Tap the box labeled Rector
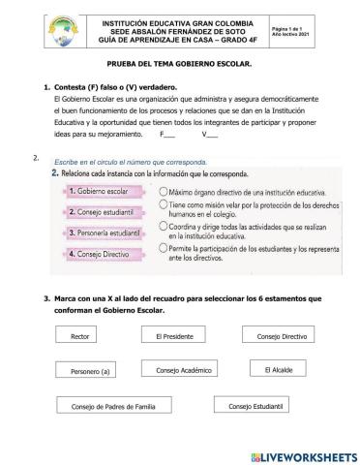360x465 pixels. click(x=80, y=336)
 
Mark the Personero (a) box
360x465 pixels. click(x=92, y=371)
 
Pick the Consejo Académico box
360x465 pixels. click(x=183, y=370)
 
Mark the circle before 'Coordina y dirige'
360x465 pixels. click(x=163, y=229)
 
